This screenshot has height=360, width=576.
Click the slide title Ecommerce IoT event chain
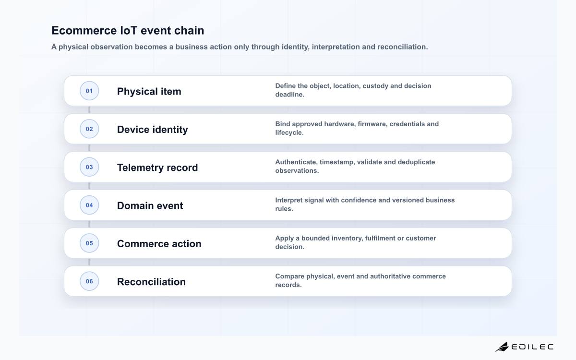(128, 31)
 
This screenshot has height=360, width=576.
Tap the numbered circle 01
(89, 91)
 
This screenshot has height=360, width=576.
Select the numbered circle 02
(89, 129)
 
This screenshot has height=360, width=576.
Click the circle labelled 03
(89, 167)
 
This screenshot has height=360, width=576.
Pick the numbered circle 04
(89, 205)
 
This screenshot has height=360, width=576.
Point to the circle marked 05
(89, 243)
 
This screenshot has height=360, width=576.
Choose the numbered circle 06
(89, 281)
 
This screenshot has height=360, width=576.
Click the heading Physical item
(149, 91)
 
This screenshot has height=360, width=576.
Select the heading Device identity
(153, 129)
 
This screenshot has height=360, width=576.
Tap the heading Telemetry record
(157, 168)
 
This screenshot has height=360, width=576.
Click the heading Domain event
(150, 205)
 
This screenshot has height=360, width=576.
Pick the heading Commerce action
(159, 243)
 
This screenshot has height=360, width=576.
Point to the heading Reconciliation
(151, 282)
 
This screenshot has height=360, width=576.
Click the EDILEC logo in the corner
(525, 347)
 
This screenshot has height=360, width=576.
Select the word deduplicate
(416, 162)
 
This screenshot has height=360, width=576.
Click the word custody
(375, 86)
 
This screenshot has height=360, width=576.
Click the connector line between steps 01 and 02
(89, 110)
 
